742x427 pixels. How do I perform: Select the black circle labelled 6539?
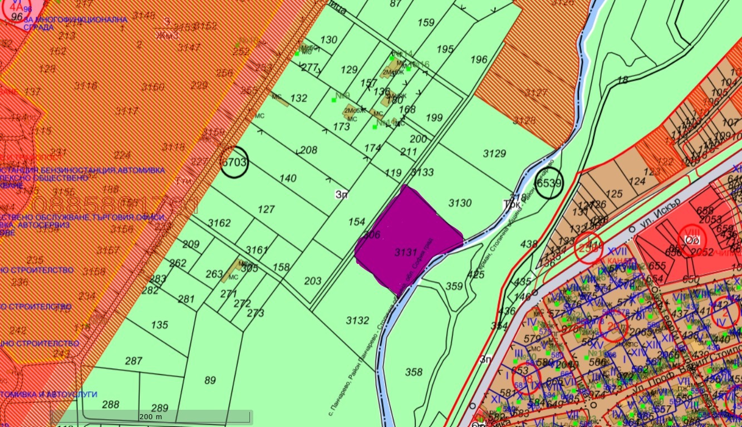(549, 183)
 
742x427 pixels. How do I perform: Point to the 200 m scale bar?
(151, 417)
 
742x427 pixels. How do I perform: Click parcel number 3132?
(357, 320)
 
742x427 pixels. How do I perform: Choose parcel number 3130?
(460, 203)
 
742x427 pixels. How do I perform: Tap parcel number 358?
(414, 372)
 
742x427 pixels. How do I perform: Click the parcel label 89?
(210, 380)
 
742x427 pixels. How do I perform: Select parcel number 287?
(134, 361)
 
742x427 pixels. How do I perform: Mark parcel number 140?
(288, 178)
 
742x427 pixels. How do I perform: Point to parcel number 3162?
(219, 223)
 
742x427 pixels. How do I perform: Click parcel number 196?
(479, 60)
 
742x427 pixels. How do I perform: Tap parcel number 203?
(313, 281)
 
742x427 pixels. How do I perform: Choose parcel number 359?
(454, 286)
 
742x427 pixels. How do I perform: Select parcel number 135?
(159, 325)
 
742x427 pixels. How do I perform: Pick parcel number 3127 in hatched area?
(537, 92)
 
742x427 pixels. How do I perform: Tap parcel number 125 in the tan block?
(614, 194)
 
